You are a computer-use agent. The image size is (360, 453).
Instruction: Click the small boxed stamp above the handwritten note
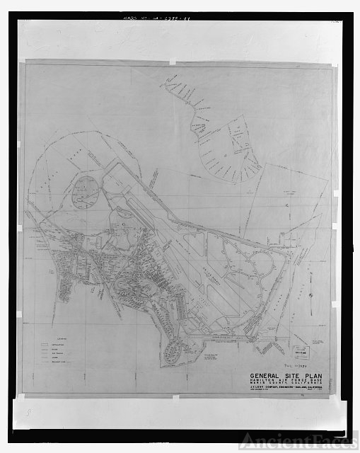point(301,352)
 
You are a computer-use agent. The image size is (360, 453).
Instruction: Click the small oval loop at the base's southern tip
point(173,350)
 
